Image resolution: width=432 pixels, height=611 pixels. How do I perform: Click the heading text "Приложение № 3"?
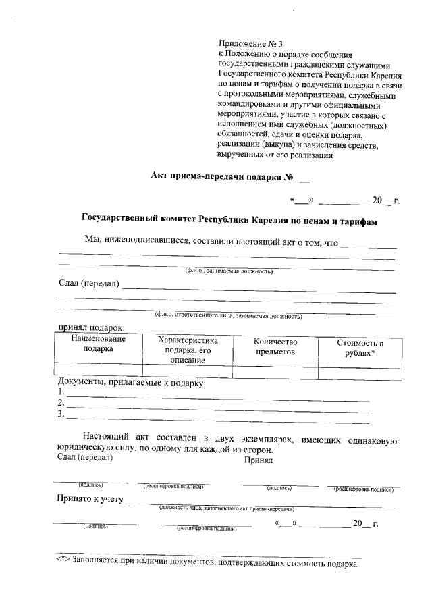(247, 44)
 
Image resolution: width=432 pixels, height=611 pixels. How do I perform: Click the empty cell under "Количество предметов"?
(275, 370)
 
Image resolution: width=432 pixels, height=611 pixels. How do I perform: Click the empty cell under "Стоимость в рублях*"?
(360, 370)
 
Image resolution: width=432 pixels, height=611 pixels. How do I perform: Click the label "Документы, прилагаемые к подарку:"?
(132, 383)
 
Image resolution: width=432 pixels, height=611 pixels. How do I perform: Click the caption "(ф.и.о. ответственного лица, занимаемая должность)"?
(228, 315)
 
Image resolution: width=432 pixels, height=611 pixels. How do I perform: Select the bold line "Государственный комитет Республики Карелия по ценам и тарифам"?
(229, 221)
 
